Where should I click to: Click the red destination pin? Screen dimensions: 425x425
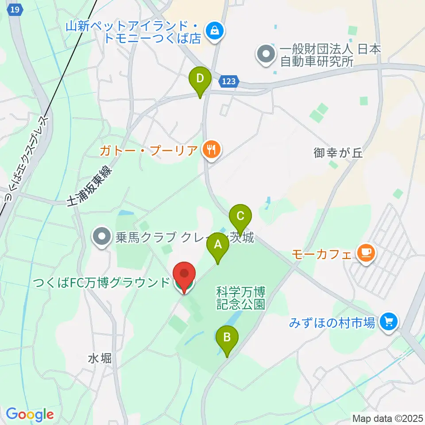click(x=183, y=277)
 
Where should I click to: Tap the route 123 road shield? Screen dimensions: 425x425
click(x=229, y=81)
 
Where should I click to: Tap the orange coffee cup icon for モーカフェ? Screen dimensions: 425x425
click(x=366, y=254)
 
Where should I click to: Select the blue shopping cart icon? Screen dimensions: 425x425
click(x=389, y=322)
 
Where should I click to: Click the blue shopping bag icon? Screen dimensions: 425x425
click(x=215, y=31)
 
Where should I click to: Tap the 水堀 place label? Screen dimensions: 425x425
click(x=100, y=358)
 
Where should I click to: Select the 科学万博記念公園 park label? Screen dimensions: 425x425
click(x=240, y=298)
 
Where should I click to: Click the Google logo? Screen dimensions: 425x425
click(x=30, y=415)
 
